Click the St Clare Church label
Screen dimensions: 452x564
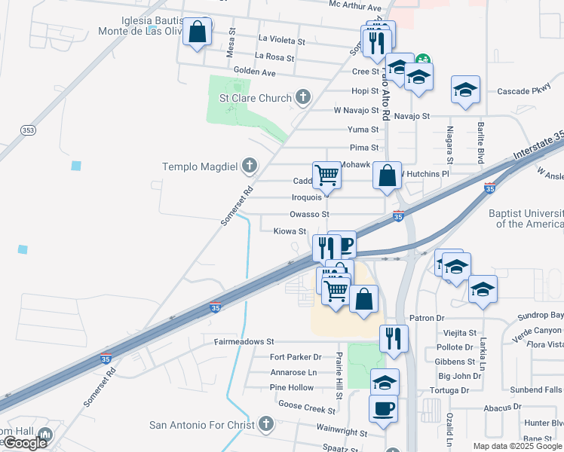tap(255, 98)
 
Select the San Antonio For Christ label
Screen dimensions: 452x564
tap(202, 425)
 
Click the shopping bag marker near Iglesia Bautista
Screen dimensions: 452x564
tap(197, 33)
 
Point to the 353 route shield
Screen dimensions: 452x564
tap(28, 130)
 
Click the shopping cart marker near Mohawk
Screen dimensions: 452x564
tap(327, 175)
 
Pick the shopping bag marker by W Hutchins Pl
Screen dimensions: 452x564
tap(387, 176)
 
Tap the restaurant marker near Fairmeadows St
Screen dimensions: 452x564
tap(393, 338)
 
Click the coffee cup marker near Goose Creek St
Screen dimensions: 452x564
tap(384, 408)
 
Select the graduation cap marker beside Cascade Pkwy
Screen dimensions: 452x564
tap(466, 90)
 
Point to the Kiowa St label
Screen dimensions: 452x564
tap(290, 231)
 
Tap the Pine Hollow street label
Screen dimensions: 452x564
tap(291, 387)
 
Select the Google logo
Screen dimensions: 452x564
tap(25, 443)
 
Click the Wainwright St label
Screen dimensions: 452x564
tap(342, 434)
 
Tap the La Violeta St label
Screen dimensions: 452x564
tap(281, 39)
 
